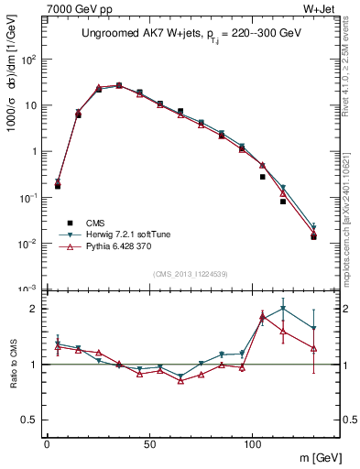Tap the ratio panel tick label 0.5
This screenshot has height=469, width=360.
pos(28,420)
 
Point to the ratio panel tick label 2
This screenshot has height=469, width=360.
pos(32,309)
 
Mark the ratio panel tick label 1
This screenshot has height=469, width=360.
pos(32,365)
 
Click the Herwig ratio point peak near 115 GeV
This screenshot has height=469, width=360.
pos(283,308)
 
